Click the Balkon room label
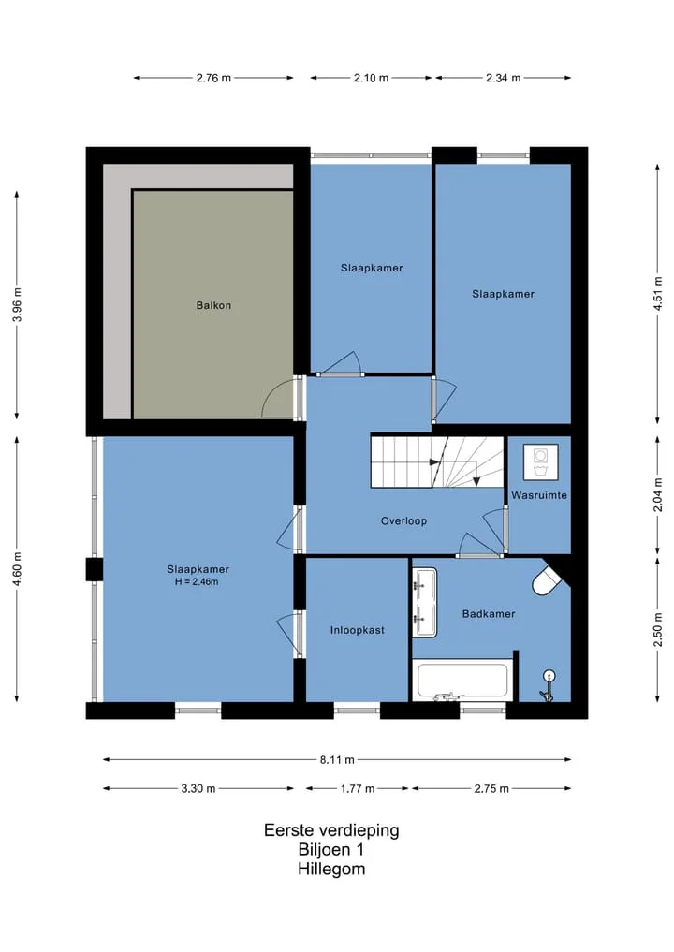point(213,305)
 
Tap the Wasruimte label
point(539,495)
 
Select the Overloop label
point(403,520)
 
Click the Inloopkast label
point(357,630)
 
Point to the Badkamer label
point(489,614)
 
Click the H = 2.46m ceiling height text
point(197,581)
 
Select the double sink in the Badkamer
point(425,602)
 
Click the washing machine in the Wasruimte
point(540,462)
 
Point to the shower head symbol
point(549,685)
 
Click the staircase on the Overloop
point(437,461)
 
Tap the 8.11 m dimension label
point(337,759)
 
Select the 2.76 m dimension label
point(213,78)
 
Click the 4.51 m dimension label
point(657,294)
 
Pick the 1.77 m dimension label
point(358,789)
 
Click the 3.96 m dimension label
point(17,305)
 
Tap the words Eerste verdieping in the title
point(331,830)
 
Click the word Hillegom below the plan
point(331,869)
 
